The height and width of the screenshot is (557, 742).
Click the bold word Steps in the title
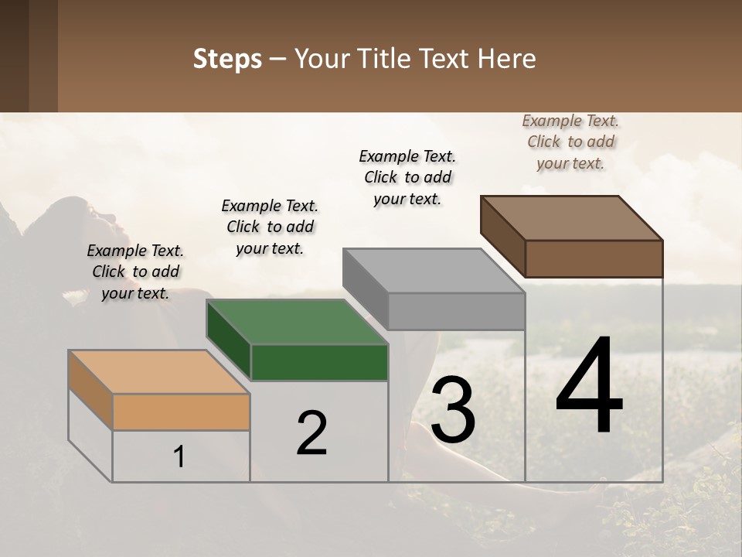click(x=227, y=60)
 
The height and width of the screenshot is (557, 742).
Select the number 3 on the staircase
click(x=453, y=410)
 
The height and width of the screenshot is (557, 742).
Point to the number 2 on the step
click(x=312, y=433)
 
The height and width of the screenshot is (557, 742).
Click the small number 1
click(x=179, y=457)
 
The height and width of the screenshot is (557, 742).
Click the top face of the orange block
click(x=159, y=371)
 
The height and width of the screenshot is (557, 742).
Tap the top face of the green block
click(x=297, y=322)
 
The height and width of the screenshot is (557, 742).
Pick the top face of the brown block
click(x=572, y=217)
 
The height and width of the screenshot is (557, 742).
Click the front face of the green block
click(x=319, y=362)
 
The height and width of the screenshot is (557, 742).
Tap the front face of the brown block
click(x=594, y=258)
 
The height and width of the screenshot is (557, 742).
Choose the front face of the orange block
click(x=181, y=412)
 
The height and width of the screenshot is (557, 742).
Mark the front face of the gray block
click(x=456, y=311)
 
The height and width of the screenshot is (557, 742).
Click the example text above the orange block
click(x=135, y=272)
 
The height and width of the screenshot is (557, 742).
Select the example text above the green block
click(x=270, y=227)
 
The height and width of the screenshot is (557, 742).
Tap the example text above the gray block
click(x=407, y=177)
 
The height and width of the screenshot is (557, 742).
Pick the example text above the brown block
click(x=570, y=142)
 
